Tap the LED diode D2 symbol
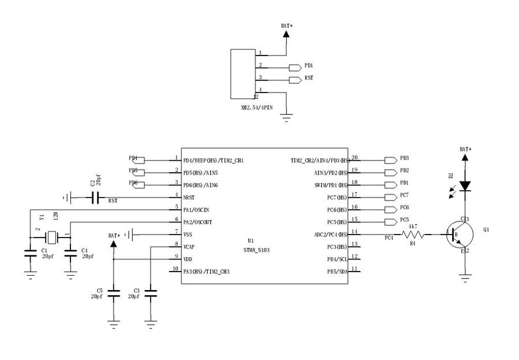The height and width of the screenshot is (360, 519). point(465,185)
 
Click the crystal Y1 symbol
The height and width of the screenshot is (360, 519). point(53,236)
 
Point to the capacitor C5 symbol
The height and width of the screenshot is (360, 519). point(114,295)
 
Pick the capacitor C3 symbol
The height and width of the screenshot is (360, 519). point(151,295)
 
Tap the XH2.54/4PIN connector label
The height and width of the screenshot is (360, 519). point(257,107)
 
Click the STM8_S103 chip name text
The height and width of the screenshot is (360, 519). point(256,250)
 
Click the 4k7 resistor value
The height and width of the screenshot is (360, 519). point(413,227)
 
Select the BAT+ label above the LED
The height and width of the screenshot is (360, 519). point(465,149)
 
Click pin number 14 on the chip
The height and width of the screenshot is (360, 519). point(355,232)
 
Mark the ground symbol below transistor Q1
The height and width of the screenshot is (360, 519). point(465,279)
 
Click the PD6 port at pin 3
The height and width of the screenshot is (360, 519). point(137,184)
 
